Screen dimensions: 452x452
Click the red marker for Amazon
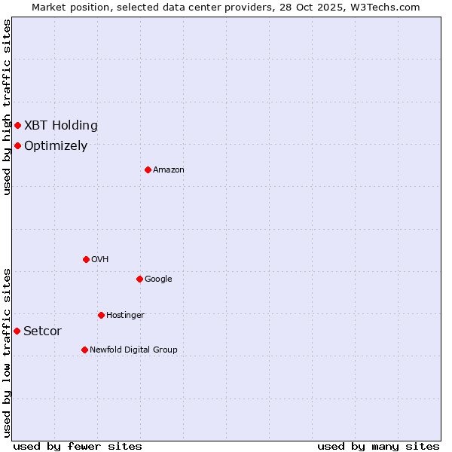(148, 169)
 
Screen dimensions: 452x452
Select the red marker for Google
(139, 279)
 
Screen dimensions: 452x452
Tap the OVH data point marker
(86, 259)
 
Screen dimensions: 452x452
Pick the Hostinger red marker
(101, 315)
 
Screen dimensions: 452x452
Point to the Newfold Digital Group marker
(84, 350)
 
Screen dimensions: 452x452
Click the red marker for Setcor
(17, 331)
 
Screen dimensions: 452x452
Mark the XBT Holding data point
(17, 125)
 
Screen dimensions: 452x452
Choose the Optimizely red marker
(17, 145)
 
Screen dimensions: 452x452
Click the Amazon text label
(169, 170)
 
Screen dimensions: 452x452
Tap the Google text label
(158, 279)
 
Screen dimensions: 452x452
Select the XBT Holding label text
(61, 126)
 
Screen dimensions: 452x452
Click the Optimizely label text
(56, 146)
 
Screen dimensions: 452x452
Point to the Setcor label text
(43, 331)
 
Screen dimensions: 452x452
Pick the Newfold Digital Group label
(133, 350)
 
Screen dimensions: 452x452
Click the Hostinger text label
(125, 315)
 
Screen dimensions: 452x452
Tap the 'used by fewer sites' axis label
(78, 446)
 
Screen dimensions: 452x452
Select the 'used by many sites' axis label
(378, 446)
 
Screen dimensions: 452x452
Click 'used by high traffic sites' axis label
(7, 107)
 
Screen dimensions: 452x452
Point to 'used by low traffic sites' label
(7, 353)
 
